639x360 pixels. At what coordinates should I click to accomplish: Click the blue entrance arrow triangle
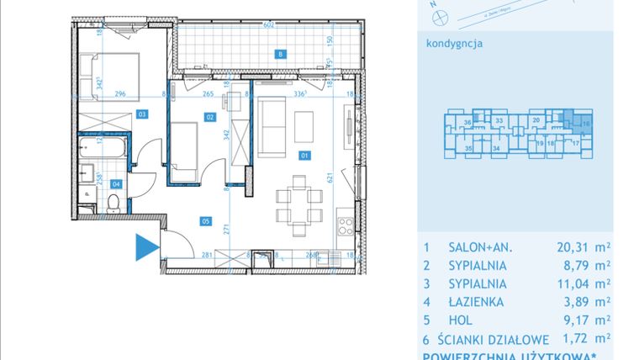[146, 247]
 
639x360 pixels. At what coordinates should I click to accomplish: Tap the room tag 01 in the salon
[304, 155]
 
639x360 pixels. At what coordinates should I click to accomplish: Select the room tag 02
[210, 118]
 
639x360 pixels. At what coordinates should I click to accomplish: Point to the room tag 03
[143, 113]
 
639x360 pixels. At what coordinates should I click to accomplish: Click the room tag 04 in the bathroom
[116, 183]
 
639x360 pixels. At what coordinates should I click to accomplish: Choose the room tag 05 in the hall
[204, 221]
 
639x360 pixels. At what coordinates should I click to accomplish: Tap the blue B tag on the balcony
[281, 56]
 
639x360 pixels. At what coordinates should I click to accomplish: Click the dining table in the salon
[298, 201]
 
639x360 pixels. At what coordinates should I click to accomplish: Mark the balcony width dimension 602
[269, 25]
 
